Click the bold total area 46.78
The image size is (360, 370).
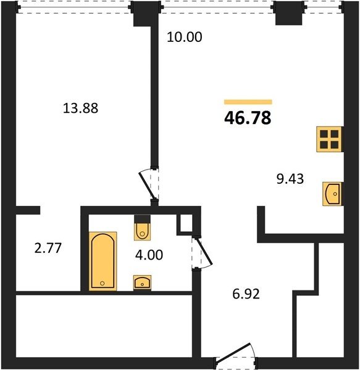tap(248, 118)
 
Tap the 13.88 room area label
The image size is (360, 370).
tap(80, 109)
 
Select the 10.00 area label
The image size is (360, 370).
tap(185, 37)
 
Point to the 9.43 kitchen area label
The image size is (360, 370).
tap(290, 179)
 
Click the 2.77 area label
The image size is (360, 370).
tap(48, 249)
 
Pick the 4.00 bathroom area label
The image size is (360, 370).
tap(149, 255)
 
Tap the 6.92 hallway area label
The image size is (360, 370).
tap(246, 294)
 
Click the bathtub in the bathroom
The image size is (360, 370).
tap(103, 261)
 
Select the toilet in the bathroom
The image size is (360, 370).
tap(142, 228)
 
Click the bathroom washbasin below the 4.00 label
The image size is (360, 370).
tap(142, 282)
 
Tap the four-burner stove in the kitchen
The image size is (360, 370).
tap(329, 139)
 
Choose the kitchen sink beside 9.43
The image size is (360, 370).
tap(332, 194)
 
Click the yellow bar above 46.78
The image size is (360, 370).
tap(248, 102)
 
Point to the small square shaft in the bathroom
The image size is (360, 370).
tap(185, 223)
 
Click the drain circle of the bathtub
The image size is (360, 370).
tap(103, 283)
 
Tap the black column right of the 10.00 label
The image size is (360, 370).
tap(288, 13)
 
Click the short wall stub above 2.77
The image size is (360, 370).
tap(28, 210)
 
